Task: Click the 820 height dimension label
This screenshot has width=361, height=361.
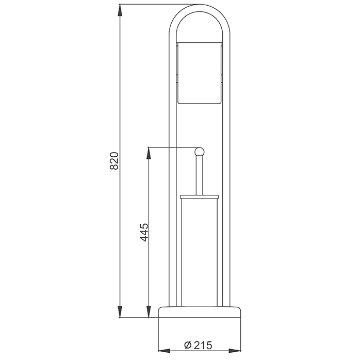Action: point(114,161)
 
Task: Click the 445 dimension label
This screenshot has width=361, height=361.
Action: point(144,232)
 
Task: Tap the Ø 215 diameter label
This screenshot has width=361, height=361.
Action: point(198,345)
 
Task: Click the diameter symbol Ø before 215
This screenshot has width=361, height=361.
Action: point(188,346)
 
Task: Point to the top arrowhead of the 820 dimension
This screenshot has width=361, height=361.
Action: point(120,10)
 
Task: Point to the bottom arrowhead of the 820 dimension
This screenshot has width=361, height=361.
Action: point(120,311)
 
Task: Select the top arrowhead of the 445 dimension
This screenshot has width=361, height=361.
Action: point(149,153)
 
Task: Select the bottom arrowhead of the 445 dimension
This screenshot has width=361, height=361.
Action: point(149,311)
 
